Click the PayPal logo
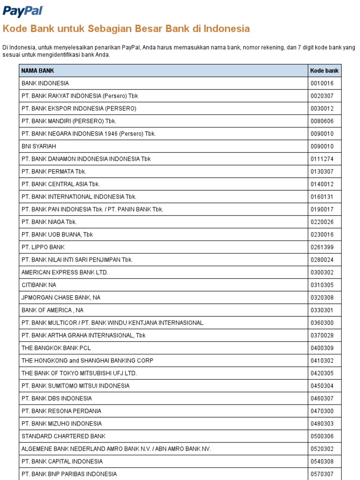(x=23, y=11)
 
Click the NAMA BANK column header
(x=37, y=71)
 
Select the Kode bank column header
(x=324, y=71)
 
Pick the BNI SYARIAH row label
(x=38, y=146)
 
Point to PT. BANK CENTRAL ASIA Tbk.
(x=60, y=184)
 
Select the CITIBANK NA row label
(x=39, y=285)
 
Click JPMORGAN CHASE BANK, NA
(x=61, y=298)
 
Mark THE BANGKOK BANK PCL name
(x=56, y=348)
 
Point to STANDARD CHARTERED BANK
(x=63, y=436)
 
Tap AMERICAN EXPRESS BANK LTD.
(x=65, y=272)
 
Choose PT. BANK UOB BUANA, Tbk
(x=57, y=234)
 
